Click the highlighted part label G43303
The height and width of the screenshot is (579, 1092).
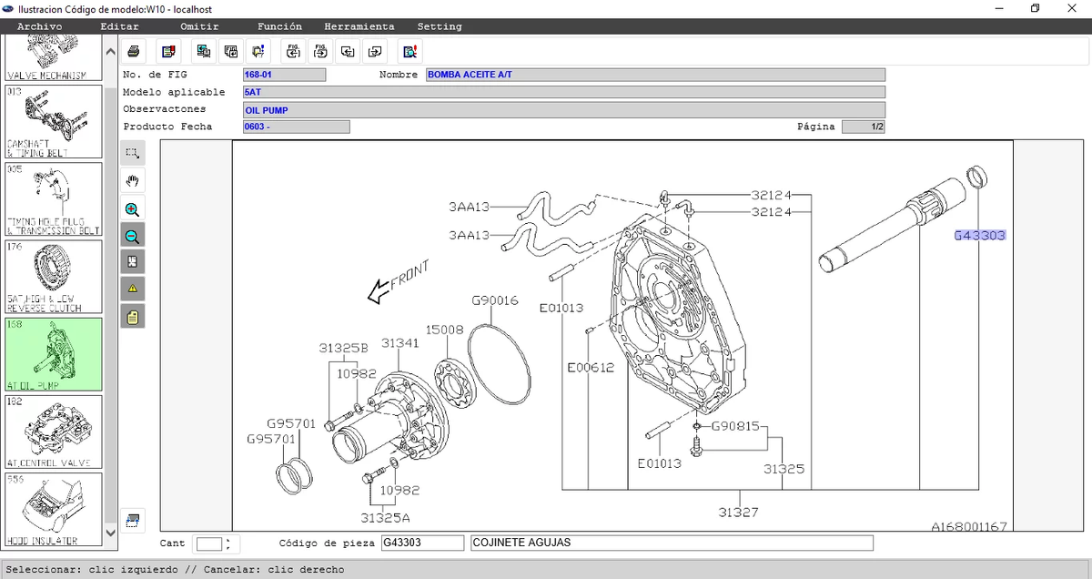click(x=979, y=236)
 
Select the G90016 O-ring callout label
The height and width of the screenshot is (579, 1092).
click(x=495, y=300)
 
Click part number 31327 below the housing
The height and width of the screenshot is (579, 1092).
click(x=737, y=513)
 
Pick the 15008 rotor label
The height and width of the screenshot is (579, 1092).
click(x=445, y=329)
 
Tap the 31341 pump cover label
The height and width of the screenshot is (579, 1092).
click(x=399, y=342)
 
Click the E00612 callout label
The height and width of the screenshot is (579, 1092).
click(x=590, y=368)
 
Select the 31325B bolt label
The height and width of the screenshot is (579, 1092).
click(x=343, y=348)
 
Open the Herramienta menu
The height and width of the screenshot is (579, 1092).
click(x=359, y=26)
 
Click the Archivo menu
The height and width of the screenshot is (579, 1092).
click(x=39, y=26)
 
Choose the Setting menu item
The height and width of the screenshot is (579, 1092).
click(x=440, y=26)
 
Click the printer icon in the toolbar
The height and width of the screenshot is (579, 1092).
click(x=133, y=50)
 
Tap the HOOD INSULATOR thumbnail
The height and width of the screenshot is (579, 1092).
click(x=54, y=510)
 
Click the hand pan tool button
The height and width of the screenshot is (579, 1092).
click(x=132, y=181)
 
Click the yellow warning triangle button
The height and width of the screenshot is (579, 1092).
click(x=132, y=289)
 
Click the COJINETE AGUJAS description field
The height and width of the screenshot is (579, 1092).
click(x=672, y=543)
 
